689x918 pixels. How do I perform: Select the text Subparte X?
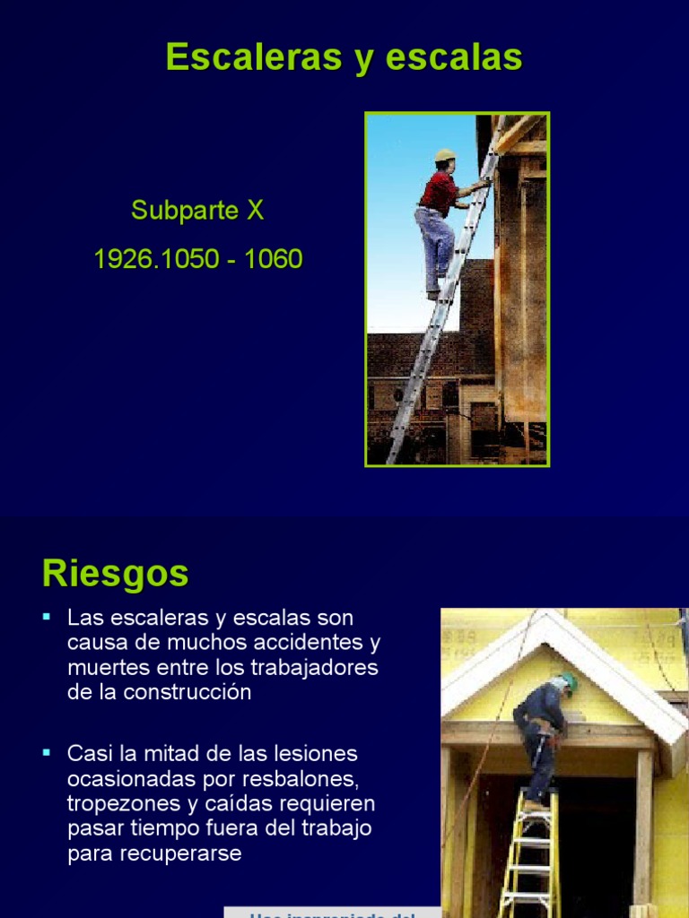[197, 211]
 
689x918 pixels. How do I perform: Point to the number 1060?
[274, 260]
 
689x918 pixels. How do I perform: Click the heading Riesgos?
[116, 573]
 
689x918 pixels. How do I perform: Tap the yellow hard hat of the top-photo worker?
[445, 155]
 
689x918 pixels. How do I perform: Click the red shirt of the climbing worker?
[440, 191]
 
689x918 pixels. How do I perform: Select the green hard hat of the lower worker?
[567, 682]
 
